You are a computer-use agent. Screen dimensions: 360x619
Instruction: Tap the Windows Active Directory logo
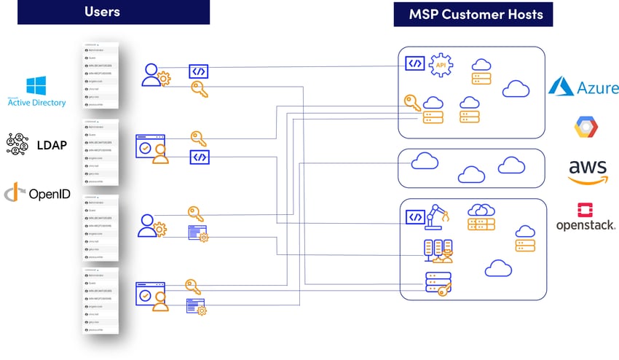[x=36, y=92]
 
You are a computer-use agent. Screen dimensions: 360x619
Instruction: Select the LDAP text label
[x=51, y=145]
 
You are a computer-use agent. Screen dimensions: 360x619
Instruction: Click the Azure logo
[x=583, y=87]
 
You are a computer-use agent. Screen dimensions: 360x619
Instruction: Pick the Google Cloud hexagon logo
[x=586, y=128]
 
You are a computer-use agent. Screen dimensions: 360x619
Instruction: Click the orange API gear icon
[x=441, y=66]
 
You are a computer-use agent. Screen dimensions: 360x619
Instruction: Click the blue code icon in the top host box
[x=414, y=63]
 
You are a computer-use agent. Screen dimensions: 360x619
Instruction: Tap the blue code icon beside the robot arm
[x=415, y=216]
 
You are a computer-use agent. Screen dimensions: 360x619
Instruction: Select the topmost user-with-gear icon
[x=155, y=74]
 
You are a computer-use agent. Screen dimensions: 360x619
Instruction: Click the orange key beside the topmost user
[x=200, y=89]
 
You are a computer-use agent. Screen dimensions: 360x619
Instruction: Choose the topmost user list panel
[x=101, y=76]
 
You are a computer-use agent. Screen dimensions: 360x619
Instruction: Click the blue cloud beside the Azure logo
[x=516, y=89]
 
